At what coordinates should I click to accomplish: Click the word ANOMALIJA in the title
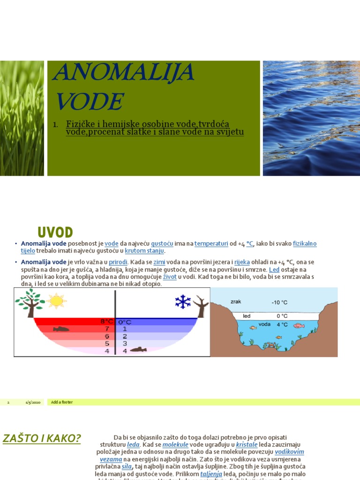[123, 73]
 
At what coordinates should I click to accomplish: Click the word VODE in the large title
[90, 101]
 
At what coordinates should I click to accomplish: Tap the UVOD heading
[55, 232]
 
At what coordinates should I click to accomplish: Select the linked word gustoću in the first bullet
[162, 244]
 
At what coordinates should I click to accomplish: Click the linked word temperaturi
[211, 244]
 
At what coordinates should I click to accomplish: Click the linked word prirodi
[118, 262]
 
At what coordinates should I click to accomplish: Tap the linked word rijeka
[242, 262]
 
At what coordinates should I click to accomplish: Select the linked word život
[170, 277]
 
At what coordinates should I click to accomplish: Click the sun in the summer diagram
[56, 301]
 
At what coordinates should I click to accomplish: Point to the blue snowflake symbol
[183, 301]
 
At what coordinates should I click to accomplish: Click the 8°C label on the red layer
[107, 322]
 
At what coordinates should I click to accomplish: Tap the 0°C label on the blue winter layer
[125, 322]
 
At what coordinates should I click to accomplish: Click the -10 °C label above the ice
[279, 303]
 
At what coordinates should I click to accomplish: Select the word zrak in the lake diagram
[236, 301]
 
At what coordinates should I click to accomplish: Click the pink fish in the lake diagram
[299, 325]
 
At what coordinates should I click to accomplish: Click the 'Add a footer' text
[62, 402]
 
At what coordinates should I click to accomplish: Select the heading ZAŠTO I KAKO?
[42, 439]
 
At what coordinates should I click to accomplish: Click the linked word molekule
[175, 444]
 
